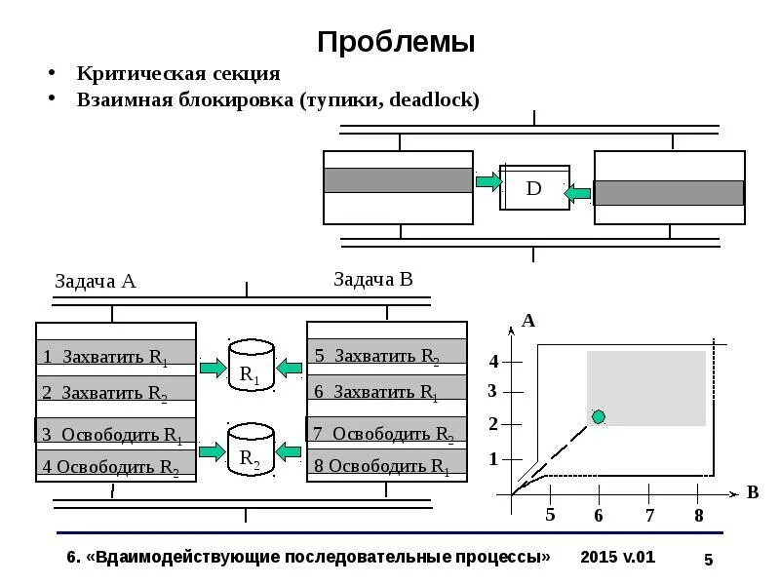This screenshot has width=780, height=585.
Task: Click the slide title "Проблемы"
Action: click(396, 42)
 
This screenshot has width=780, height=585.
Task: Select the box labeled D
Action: click(533, 187)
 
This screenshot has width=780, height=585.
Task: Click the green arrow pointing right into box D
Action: click(487, 180)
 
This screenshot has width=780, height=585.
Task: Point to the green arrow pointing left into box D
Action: click(578, 193)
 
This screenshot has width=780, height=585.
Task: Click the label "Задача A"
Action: click(95, 282)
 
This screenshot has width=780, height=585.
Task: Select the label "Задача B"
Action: click(373, 280)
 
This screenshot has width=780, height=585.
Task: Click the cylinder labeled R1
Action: click(251, 367)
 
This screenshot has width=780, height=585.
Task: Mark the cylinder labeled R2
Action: click(251, 450)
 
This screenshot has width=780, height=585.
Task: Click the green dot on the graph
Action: click(599, 417)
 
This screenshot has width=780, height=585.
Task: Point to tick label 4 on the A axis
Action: click(493, 362)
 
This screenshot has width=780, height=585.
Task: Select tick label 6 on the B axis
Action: click(599, 515)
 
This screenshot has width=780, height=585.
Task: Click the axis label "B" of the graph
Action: click(753, 492)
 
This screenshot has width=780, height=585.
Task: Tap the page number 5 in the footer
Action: click(709, 560)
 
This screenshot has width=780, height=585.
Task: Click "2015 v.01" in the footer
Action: click(617, 557)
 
